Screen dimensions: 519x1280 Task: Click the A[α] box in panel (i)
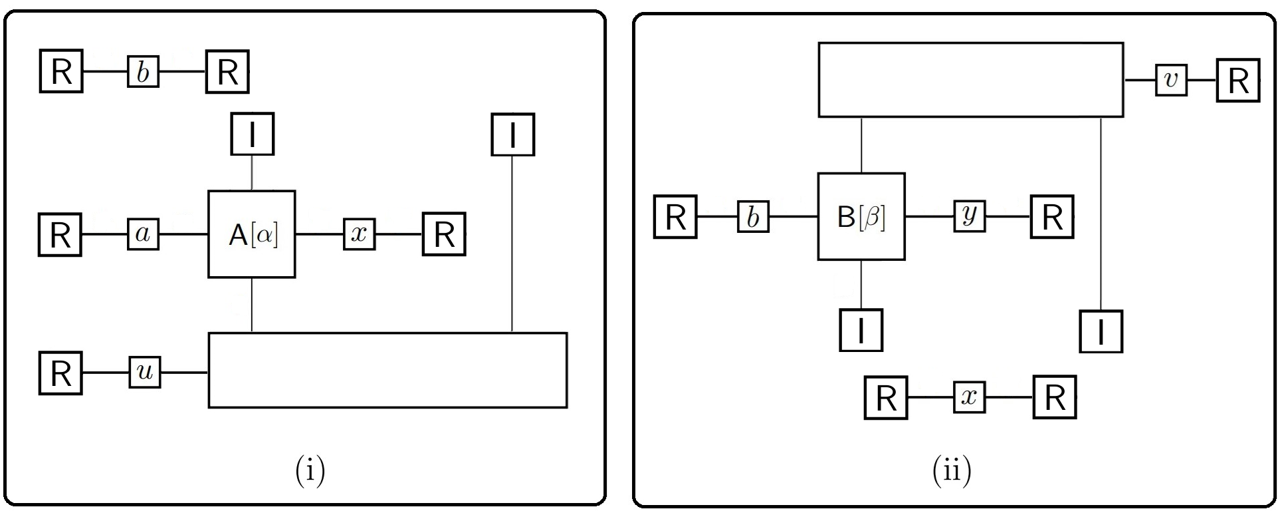(252, 234)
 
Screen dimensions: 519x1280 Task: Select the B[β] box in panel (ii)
(861, 216)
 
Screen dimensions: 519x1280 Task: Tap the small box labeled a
(144, 234)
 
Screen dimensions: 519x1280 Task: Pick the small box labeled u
(145, 372)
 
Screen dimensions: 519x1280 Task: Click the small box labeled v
(1171, 80)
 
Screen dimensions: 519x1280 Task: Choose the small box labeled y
(970, 216)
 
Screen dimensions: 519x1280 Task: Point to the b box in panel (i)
(144, 71)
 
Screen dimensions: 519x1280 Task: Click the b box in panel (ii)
(753, 216)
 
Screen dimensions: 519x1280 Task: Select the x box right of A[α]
(360, 234)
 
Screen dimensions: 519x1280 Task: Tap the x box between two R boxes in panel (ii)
(970, 397)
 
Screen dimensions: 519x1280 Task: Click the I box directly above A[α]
(252, 134)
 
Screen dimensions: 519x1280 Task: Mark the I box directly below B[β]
(861, 329)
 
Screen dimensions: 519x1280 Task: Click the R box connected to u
(60, 373)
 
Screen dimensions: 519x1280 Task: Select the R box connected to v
(1238, 81)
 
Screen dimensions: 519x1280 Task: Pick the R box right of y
(1052, 216)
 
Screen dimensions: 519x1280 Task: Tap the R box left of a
(60, 234)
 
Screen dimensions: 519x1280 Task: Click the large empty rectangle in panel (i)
(388, 370)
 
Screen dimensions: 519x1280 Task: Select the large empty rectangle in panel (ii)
(971, 80)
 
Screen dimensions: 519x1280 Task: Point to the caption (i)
(310, 470)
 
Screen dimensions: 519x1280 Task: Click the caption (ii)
(952, 470)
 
